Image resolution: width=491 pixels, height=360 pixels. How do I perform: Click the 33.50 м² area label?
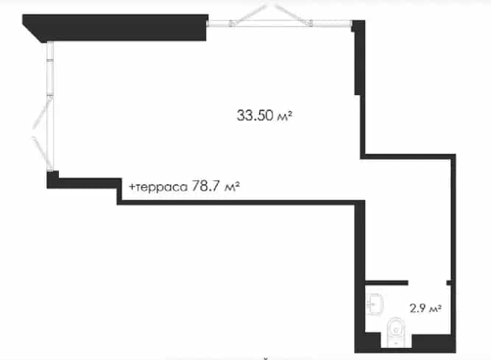point(264,115)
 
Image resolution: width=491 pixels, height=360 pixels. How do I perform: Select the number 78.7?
point(205,186)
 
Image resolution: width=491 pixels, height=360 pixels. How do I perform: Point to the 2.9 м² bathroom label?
point(425,308)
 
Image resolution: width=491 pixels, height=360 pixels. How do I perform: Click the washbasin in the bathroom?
point(375,303)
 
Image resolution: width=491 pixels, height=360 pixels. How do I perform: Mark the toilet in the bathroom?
point(396,332)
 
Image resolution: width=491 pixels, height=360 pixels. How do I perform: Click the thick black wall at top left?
point(116,27)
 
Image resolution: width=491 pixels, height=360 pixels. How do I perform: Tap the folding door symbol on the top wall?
point(272,14)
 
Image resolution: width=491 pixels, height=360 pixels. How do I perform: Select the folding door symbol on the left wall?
point(42,133)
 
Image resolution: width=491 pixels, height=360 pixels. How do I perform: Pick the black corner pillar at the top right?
point(358,26)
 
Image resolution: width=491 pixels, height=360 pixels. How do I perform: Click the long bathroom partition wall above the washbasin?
point(386,283)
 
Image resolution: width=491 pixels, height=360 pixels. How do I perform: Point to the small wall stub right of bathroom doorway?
point(449,283)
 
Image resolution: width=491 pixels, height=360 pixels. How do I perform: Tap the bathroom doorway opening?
point(427,283)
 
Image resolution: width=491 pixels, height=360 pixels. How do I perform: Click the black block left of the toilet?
point(367,342)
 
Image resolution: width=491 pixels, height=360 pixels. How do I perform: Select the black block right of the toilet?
point(434,343)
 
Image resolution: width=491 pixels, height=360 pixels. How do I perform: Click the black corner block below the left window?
point(52,180)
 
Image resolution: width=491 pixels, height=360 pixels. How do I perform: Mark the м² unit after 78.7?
point(233,187)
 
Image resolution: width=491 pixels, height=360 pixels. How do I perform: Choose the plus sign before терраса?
point(133,187)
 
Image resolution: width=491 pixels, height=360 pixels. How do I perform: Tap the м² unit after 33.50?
point(285,116)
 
